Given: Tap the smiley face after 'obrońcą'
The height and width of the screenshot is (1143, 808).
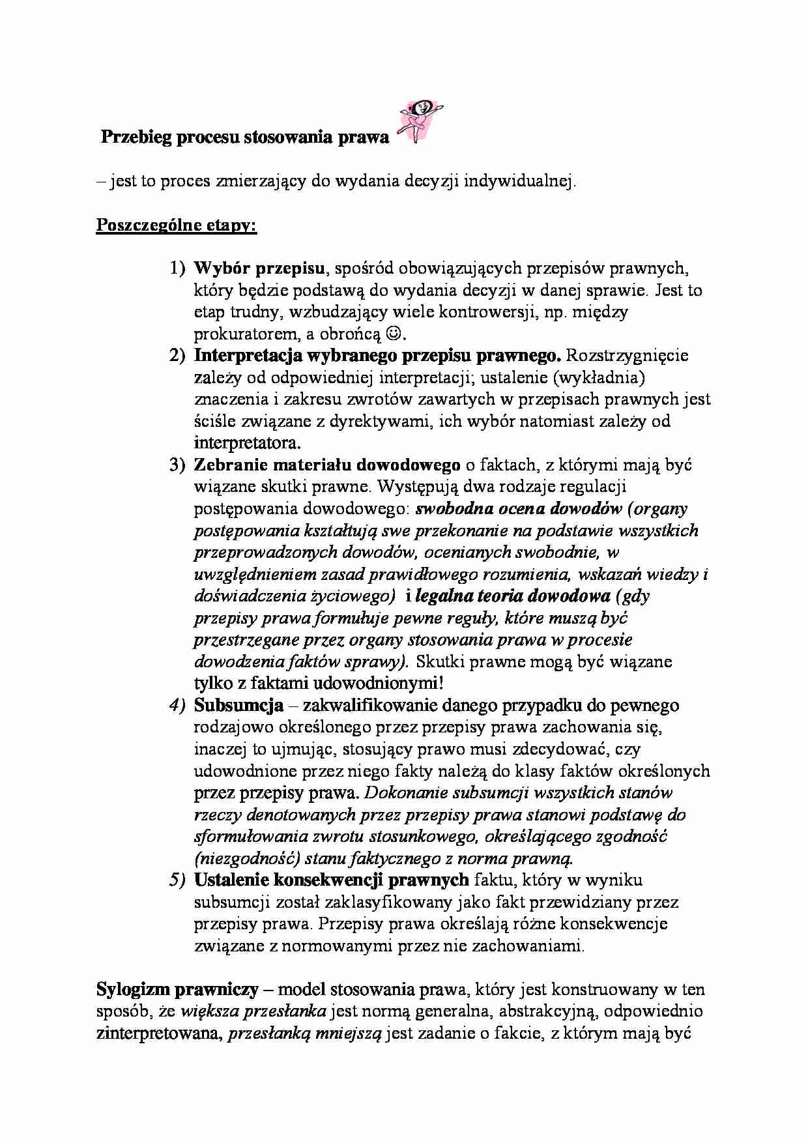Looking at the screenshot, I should tap(394, 334).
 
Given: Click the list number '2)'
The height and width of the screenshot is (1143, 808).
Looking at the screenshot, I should tap(177, 356).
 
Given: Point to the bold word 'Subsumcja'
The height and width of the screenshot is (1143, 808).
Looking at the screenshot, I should tap(238, 705).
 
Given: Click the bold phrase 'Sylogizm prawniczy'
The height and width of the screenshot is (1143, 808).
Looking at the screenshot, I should tap(177, 989).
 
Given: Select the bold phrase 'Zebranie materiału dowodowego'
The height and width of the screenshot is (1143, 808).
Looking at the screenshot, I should tap(327, 465).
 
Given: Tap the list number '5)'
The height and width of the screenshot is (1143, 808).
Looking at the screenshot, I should tap(177, 880).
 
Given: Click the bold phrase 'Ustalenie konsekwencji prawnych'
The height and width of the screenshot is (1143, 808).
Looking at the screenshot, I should tap(331, 880).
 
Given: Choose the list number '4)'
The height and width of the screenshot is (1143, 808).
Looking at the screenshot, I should tap(177, 705).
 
